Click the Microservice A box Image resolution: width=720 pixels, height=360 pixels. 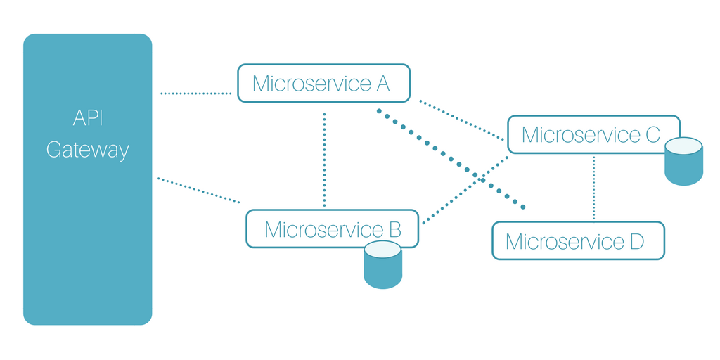coord(323,83)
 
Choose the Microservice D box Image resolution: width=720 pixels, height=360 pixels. coord(578,241)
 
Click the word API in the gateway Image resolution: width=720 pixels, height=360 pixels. coord(88,117)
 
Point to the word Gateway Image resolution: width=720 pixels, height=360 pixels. coord(88,150)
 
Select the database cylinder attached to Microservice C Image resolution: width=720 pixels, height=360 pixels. coord(683,165)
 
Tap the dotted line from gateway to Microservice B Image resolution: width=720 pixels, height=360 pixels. coord(198,190)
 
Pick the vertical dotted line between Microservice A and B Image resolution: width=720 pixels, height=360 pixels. coord(324,158)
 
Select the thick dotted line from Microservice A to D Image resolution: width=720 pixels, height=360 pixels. coord(450,158)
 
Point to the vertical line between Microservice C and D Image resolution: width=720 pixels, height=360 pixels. coord(594,187)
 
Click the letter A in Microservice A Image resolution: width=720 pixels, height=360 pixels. coord(382,83)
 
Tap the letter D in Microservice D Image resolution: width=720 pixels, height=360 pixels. coord(636,242)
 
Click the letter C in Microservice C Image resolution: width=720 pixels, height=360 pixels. coord(652,134)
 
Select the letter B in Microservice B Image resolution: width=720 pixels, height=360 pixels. coord(394,229)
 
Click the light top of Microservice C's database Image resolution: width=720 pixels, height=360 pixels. coord(683,146)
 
